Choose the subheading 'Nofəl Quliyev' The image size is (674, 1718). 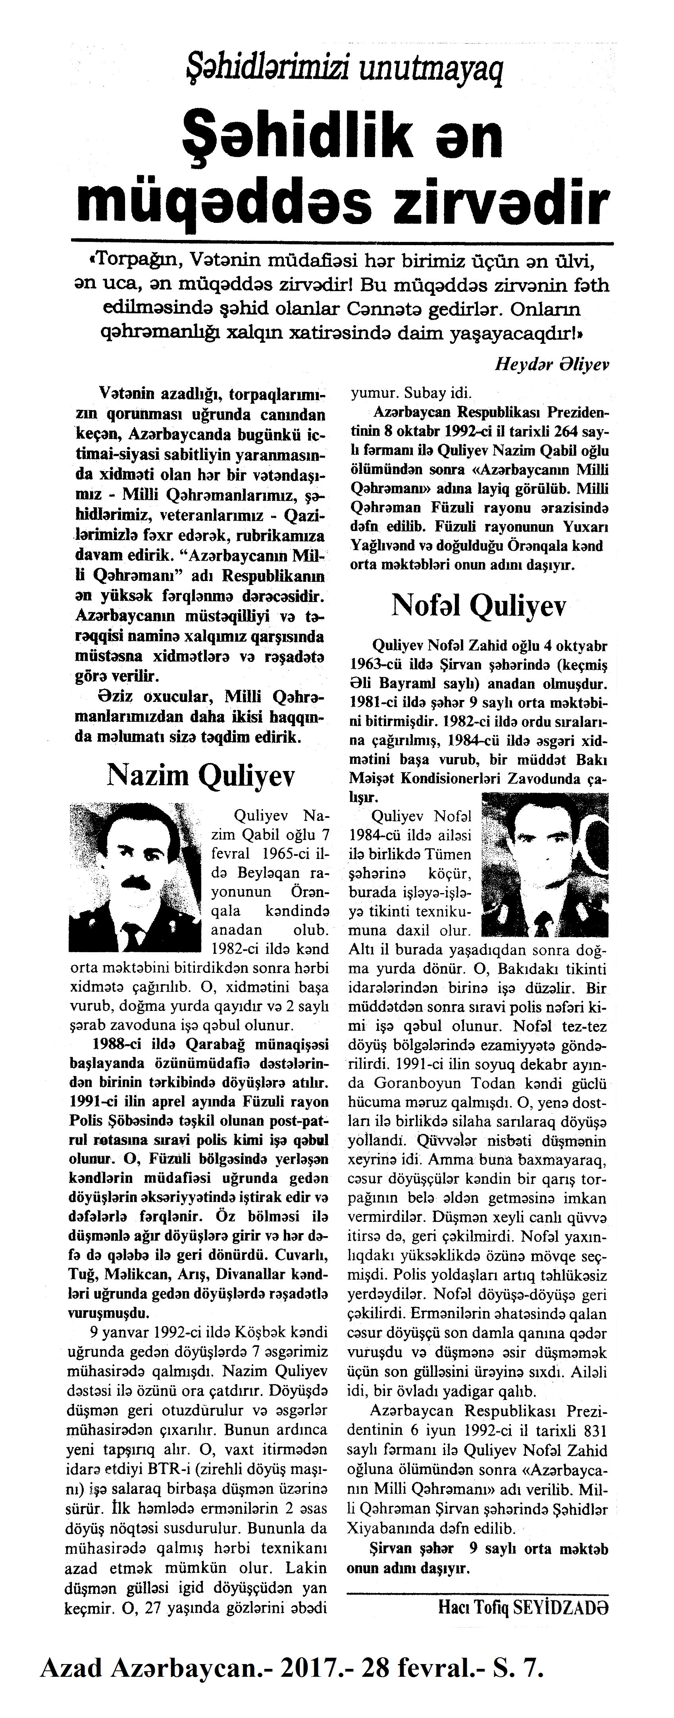(x=478, y=606)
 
